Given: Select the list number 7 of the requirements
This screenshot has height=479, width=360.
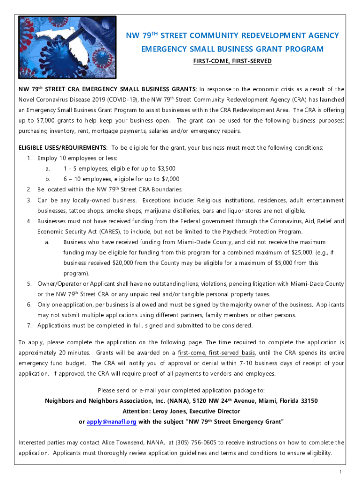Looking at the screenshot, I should coord(29,326).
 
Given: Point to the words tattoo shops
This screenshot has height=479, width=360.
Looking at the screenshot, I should coord(82,210).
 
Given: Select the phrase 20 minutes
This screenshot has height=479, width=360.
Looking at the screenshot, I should coord(74,353).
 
